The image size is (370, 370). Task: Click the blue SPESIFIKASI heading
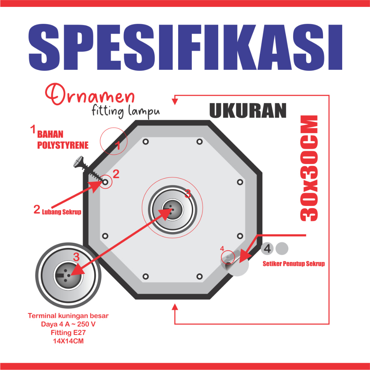click(185, 47)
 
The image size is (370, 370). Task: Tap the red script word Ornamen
click(90, 94)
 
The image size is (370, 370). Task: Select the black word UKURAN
click(248, 111)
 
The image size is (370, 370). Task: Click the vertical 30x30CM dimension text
click(309, 168)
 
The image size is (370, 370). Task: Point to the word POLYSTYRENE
click(63, 145)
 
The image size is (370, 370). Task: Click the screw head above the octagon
click(78, 162)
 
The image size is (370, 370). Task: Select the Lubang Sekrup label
click(61, 212)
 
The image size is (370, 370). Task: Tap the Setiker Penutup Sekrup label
click(294, 263)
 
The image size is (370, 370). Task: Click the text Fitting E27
click(68, 332)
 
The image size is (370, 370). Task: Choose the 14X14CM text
click(68, 341)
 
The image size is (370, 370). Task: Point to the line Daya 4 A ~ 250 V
click(68, 324)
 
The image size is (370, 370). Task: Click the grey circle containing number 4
click(267, 249)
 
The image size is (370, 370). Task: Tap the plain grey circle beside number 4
click(282, 249)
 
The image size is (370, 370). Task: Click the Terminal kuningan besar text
click(68, 316)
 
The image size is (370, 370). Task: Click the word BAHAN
click(50, 134)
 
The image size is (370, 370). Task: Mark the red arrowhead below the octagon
click(175, 307)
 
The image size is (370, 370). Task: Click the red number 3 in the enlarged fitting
click(76, 257)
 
